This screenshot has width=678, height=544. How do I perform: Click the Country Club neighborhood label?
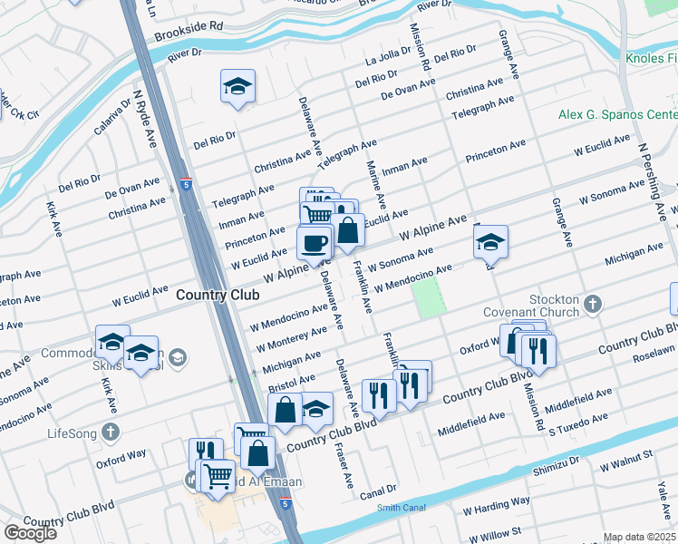coord(218,295)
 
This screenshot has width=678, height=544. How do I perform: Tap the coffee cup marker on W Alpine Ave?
coord(315,243)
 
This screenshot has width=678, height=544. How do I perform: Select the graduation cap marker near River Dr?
coord(237,87)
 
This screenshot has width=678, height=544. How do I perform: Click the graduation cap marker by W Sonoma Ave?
coord(490,242)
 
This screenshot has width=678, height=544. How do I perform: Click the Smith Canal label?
coord(400,508)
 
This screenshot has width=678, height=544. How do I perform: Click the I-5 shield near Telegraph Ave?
coord(185,182)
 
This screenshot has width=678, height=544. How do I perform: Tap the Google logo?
coord(30,533)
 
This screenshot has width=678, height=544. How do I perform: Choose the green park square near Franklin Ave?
coord(429,296)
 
